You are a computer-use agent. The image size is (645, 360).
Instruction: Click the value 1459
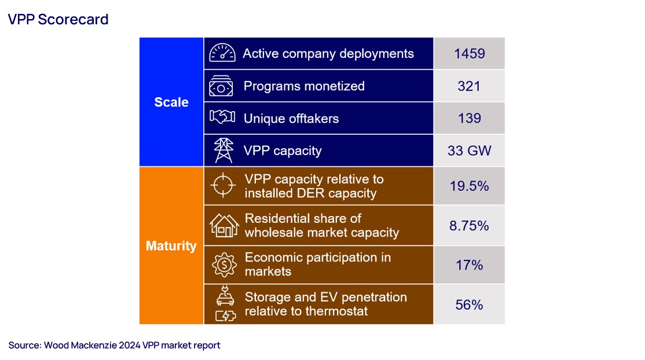pos(469,54)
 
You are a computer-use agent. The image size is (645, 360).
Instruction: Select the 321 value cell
pos(469,86)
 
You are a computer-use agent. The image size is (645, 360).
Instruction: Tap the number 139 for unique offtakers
pos(469,119)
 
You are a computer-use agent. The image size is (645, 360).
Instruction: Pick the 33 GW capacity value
pos(469,151)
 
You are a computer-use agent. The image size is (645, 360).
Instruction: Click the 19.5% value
pos(469,186)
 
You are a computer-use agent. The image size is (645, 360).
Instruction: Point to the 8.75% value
pos(469,226)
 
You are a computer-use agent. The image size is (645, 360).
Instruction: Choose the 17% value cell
pos(469,265)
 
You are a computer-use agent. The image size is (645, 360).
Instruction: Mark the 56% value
pos(469,304)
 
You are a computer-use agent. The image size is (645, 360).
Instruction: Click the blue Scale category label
pos(171,102)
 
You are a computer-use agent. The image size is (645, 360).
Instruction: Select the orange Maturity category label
pos(171,246)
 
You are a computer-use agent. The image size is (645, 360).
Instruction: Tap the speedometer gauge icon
pos(222,53)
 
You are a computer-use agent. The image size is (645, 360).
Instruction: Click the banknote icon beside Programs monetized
pos(222,86)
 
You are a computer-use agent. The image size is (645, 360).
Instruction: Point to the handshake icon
pos(222,118)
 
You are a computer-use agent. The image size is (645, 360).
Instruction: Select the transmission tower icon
pos(223,150)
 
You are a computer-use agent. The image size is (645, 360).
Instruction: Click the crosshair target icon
pos(223,186)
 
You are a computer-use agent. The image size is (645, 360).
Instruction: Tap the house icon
pos(223,225)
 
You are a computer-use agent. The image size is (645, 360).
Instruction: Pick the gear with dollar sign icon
pos(223,265)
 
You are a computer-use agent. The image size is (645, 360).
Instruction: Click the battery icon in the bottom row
pos(225,316)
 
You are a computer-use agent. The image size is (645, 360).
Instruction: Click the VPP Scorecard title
pos(58,20)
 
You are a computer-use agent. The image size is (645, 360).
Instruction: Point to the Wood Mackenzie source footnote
pos(115,346)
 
